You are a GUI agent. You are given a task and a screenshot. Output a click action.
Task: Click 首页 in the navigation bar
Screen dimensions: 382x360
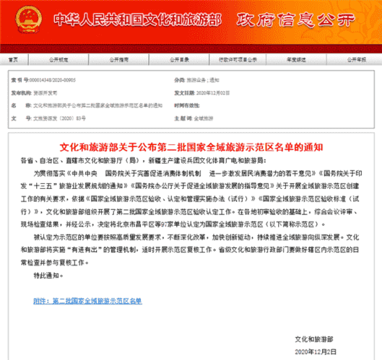[14, 61]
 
